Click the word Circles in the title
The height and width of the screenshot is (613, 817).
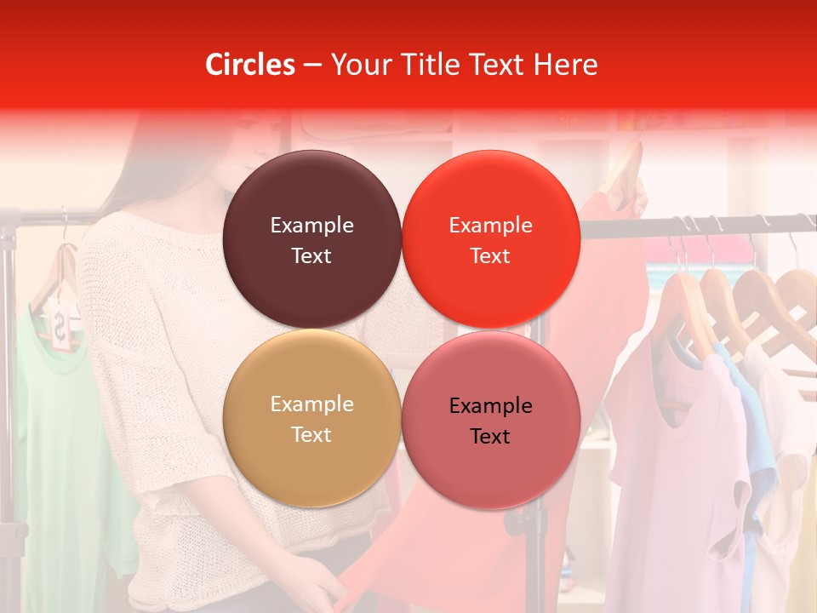(x=249, y=65)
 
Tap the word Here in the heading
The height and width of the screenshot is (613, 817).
(x=565, y=65)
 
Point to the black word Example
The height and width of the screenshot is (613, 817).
(x=490, y=406)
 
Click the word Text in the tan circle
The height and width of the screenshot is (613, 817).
(x=311, y=435)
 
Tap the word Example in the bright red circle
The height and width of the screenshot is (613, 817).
(x=490, y=226)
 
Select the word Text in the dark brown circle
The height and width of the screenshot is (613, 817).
(x=311, y=256)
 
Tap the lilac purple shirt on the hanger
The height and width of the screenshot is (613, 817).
(x=672, y=460)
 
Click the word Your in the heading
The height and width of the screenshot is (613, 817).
(x=357, y=65)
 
